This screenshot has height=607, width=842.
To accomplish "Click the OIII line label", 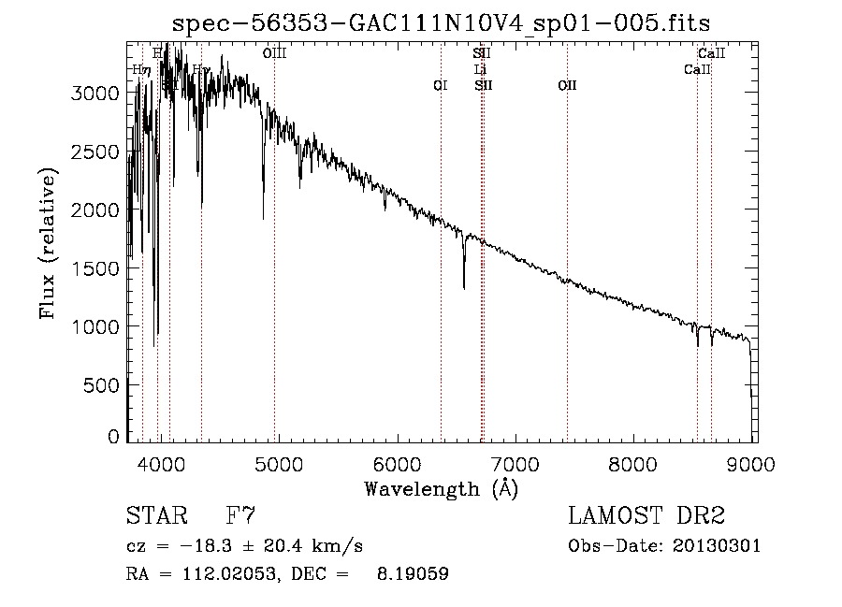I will [274, 54].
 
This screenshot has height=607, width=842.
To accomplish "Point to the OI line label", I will [441, 85].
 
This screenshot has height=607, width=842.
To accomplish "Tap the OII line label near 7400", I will [567, 85].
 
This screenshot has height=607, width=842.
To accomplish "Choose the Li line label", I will [481, 69].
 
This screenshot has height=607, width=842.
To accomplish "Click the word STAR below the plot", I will [154, 516].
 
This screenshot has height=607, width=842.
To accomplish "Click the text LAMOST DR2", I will [646, 516].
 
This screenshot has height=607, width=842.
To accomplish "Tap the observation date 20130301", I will [722, 546].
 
